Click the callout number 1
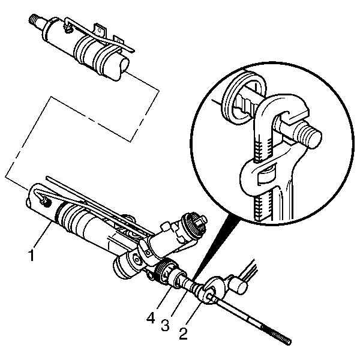coord(31,256)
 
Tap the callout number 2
coord(183,334)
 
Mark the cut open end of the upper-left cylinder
coord(123,67)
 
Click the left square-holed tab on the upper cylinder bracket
coord(100,30)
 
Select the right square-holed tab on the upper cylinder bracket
coord(119,40)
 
